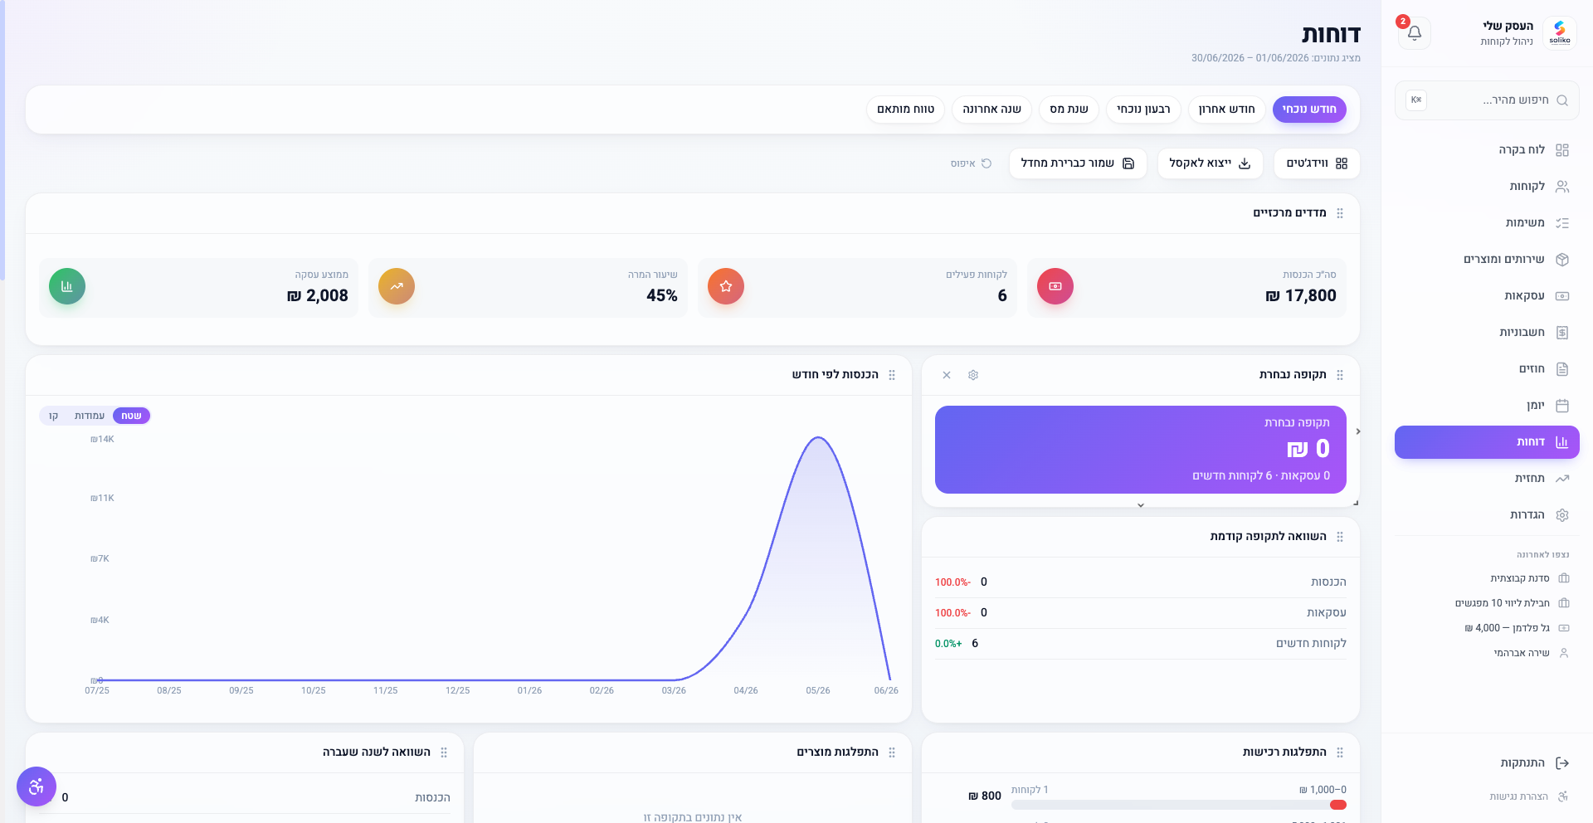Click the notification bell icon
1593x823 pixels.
1415,33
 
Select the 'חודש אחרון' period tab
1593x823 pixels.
1226,110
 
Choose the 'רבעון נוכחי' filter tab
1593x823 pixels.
1143,110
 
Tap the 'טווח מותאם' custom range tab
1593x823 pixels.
905,110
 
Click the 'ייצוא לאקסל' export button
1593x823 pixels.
1210,163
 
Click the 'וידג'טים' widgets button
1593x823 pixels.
1317,163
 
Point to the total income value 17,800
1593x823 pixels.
1301,296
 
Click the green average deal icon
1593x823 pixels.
67,286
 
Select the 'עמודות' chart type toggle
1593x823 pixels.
90,416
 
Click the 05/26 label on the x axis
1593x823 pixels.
818,690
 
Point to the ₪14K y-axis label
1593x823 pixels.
103,440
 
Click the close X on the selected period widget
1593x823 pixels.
947,375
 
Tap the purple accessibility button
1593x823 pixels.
37,786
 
